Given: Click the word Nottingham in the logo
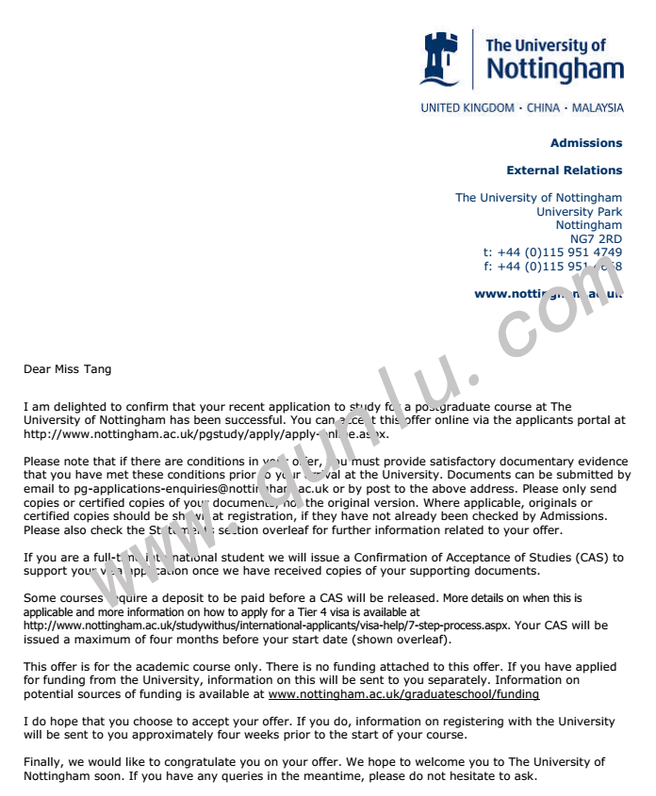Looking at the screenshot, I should tap(555, 69).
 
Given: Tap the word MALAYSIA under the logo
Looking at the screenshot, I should tap(598, 107).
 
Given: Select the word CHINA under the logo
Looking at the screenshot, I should tap(543, 107).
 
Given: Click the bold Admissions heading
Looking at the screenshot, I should tap(586, 143).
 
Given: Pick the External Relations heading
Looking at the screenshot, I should tap(564, 171).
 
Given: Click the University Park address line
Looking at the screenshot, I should tap(579, 212).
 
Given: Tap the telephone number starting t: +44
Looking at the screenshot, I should tap(552, 252).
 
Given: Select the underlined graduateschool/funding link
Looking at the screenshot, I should tap(403, 693).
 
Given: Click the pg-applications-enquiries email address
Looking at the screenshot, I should tap(151, 488).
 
